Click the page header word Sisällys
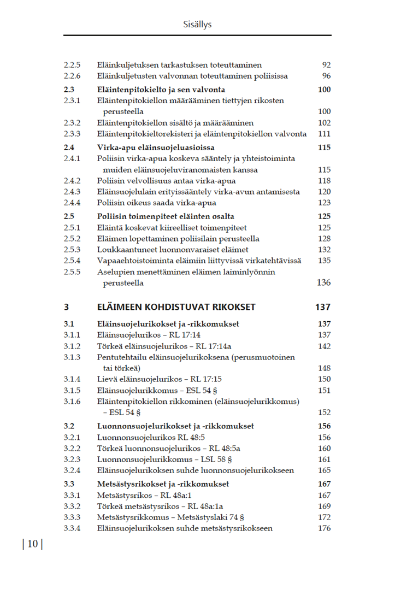(x=197, y=25)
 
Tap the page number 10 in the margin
(x=32, y=544)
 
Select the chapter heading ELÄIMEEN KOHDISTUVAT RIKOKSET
(x=176, y=307)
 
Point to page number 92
(x=326, y=65)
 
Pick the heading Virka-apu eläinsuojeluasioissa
(x=156, y=148)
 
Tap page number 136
(x=323, y=282)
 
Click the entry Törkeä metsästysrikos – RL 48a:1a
(x=160, y=506)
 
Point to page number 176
(x=324, y=528)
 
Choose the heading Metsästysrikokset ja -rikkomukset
(x=163, y=484)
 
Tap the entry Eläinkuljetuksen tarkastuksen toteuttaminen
(x=179, y=65)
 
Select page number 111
(x=324, y=134)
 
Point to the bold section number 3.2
(x=69, y=426)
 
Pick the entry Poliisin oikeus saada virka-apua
(x=156, y=203)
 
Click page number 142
(x=324, y=346)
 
